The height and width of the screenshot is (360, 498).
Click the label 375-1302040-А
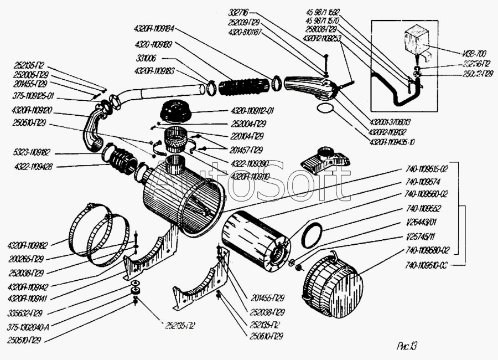tap(25, 327)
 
